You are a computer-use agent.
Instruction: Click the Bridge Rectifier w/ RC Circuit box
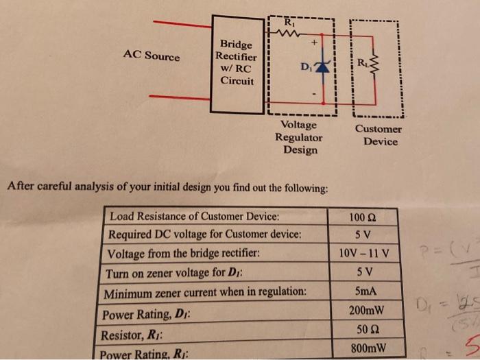coord(237,63)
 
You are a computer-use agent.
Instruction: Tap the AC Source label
coord(152,56)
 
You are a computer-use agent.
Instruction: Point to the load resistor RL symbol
coord(374,65)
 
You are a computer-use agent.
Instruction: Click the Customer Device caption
coord(379,135)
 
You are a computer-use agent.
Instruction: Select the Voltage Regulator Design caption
coord(300,137)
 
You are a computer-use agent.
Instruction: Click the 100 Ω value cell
coord(363,218)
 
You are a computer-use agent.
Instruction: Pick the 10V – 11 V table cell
coord(364,254)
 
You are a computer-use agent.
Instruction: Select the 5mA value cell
coord(363,291)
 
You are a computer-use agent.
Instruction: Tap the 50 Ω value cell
coord(364,330)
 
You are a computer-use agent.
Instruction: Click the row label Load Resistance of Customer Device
coord(195,217)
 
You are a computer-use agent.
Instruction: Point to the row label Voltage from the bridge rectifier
coord(184,253)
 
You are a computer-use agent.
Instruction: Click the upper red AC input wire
coord(182,25)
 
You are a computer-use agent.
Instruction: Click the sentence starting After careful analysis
coord(167,187)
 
